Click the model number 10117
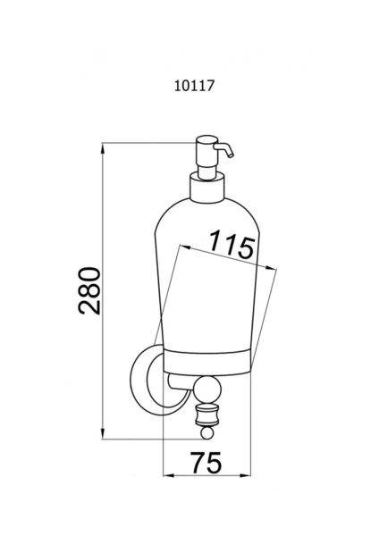click(x=194, y=86)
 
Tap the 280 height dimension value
click(x=89, y=291)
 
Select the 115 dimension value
click(x=232, y=245)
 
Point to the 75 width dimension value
click(x=206, y=463)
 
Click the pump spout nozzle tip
click(x=232, y=155)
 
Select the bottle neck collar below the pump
click(x=207, y=188)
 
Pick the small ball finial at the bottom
click(x=206, y=433)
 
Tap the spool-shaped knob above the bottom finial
click(x=206, y=415)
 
